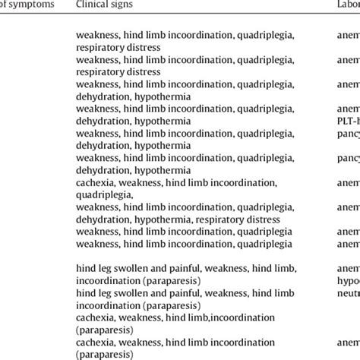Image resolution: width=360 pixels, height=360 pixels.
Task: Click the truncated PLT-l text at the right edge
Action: (x=349, y=121)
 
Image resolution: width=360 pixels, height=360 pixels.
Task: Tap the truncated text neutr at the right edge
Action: (x=349, y=292)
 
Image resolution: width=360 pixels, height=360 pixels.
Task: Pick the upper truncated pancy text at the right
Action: (x=349, y=133)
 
